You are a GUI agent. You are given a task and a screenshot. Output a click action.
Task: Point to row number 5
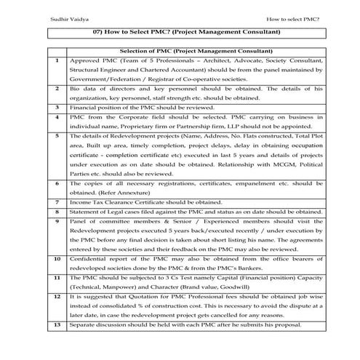click(x=56, y=136)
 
